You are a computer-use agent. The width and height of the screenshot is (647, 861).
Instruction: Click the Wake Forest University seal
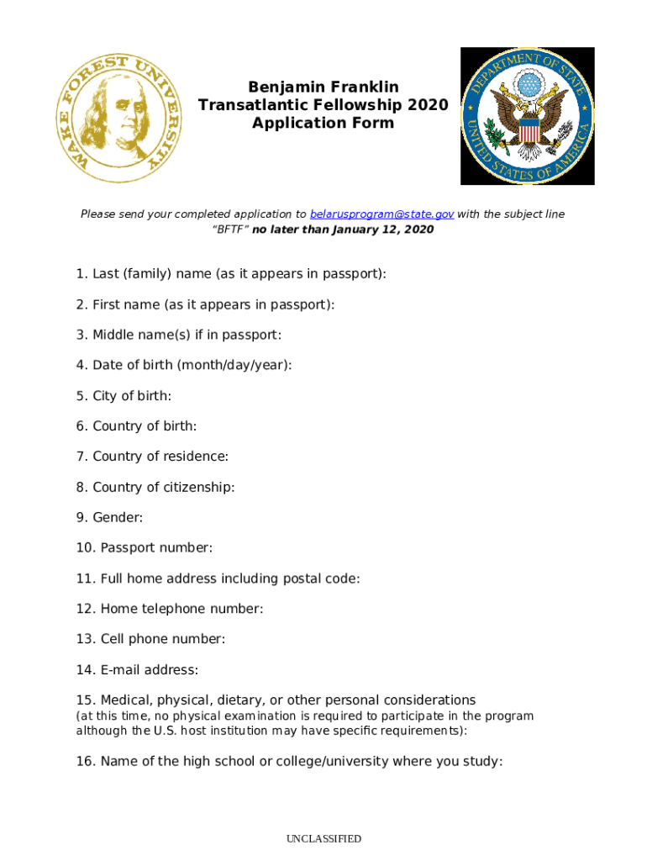pos(118,119)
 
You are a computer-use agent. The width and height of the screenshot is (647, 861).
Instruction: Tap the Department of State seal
pos(528,116)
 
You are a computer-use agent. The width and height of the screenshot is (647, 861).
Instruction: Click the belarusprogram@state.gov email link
pos(382,214)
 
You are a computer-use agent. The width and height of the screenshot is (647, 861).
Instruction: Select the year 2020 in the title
pos(429,105)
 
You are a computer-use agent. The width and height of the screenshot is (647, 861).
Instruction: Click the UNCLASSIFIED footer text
pos(323,838)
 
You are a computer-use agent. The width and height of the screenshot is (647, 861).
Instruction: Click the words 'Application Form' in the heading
pos(323,123)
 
